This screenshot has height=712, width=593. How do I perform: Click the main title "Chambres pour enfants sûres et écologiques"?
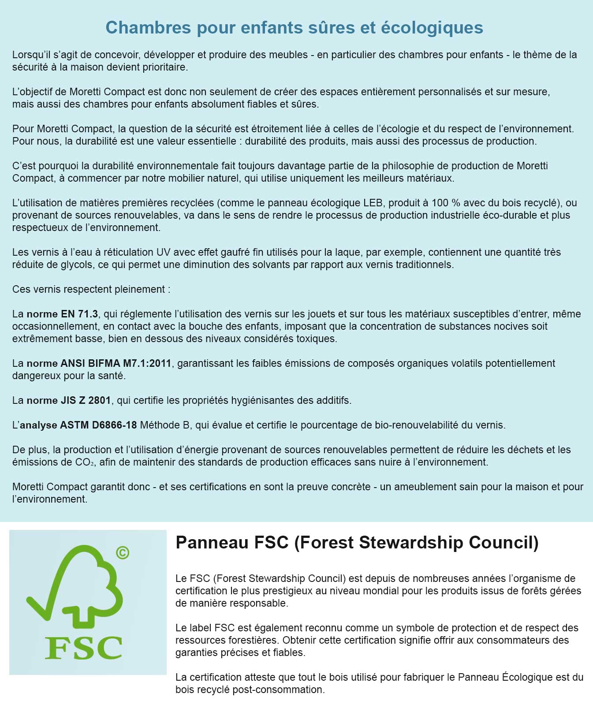[294, 27]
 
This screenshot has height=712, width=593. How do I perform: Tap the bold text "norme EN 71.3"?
[62, 314]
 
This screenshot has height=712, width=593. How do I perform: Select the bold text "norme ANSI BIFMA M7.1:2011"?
[99, 363]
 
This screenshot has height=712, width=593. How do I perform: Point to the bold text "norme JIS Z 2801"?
[69, 400]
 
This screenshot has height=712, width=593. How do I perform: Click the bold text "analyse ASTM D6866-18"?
[78, 425]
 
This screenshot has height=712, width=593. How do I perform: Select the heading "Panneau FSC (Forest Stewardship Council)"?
[357, 542]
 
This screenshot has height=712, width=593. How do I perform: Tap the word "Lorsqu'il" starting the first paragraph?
[31, 55]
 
